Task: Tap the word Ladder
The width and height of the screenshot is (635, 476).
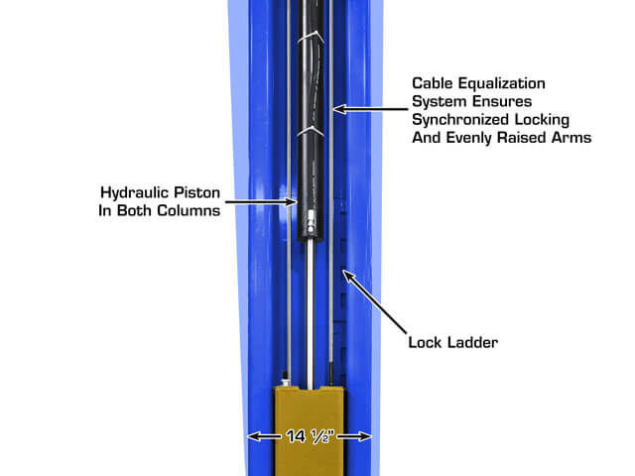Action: click(469, 344)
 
